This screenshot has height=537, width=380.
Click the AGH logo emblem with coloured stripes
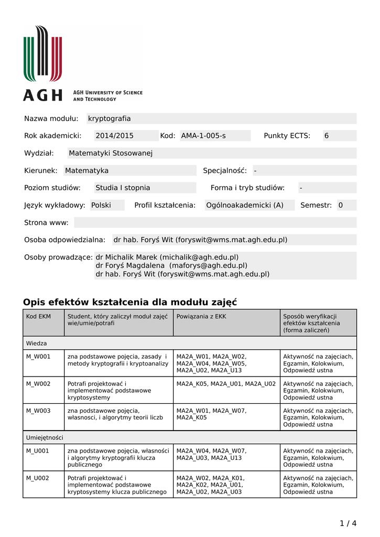click(x=42, y=54)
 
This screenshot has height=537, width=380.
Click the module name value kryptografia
click(x=110, y=119)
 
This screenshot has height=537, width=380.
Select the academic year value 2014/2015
click(x=114, y=136)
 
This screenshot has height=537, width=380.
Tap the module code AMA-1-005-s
click(x=203, y=136)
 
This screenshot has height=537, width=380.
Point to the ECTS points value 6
click(x=327, y=136)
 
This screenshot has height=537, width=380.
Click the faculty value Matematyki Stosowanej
click(x=111, y=153)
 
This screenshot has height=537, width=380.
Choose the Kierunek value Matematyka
click(x=87, y=170)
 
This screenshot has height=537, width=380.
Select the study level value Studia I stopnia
click(x=123, y=188)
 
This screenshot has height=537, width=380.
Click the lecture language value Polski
click(x=101, y=205)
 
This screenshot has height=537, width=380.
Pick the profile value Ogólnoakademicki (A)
click(x=245, y=205)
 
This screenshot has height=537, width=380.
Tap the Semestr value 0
click(x=341, y=205)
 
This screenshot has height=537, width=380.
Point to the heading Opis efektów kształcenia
click(x=130, y=302)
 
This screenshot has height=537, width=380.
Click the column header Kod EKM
click(x=39, y=316)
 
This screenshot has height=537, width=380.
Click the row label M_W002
click(x=38, y=383)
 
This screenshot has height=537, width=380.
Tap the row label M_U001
click(x=38, y=450)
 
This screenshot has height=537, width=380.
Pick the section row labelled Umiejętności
click(x=45, y=437)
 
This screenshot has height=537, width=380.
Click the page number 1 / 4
click(x=348, y=523)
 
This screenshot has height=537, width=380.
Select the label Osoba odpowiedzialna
click(x=65, y=240)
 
